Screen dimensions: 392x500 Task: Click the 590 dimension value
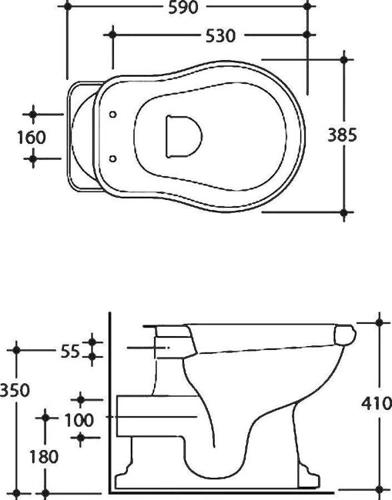coord(183,7)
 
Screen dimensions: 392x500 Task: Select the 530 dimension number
coord(221,36)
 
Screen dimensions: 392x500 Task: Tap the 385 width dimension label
coord(342,135)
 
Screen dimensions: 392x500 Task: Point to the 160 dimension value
coord(31,137)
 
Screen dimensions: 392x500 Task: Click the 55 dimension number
coord(70,352)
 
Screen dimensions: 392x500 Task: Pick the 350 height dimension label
coord(15,390)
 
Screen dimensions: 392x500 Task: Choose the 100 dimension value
coord(79,420)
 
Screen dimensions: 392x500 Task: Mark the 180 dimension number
coord(44,456)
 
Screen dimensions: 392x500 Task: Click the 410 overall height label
coord(377,404)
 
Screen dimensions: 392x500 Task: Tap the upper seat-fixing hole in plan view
coord(113,114)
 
